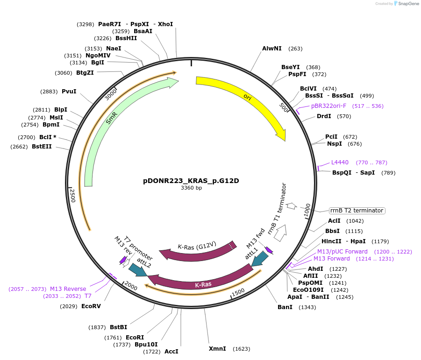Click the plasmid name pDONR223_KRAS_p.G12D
(x=191, y=181)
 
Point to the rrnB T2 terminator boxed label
(x=357, y=211)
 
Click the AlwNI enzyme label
(x=271, y=49)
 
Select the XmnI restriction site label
(x=217, y=349)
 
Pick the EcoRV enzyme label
(x=91, y=306)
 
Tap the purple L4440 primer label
(x=340, y=162)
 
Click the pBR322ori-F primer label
(x=328, y=106)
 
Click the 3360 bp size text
(x=191, y=188)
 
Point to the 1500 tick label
(x=238, y=292)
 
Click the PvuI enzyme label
(x=69, y=92)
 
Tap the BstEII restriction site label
(x=42, y=147)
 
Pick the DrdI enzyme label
(x=324, y=116)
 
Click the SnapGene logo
(x=405, y=4)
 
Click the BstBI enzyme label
(x=118, y=327)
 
